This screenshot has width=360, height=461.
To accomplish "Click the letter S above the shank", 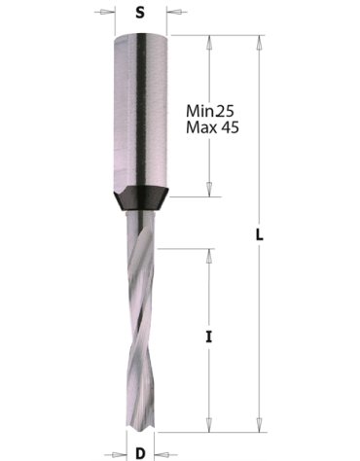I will [142, 15].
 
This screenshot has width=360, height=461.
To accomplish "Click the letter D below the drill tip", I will [141, 451].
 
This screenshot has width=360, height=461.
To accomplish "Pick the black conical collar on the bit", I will [142, 198].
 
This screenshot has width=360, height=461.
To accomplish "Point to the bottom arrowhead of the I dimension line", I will [208, 427].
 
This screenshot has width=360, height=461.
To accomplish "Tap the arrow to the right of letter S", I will [175, 15].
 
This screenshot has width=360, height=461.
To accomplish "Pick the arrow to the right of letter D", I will [160, 451].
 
